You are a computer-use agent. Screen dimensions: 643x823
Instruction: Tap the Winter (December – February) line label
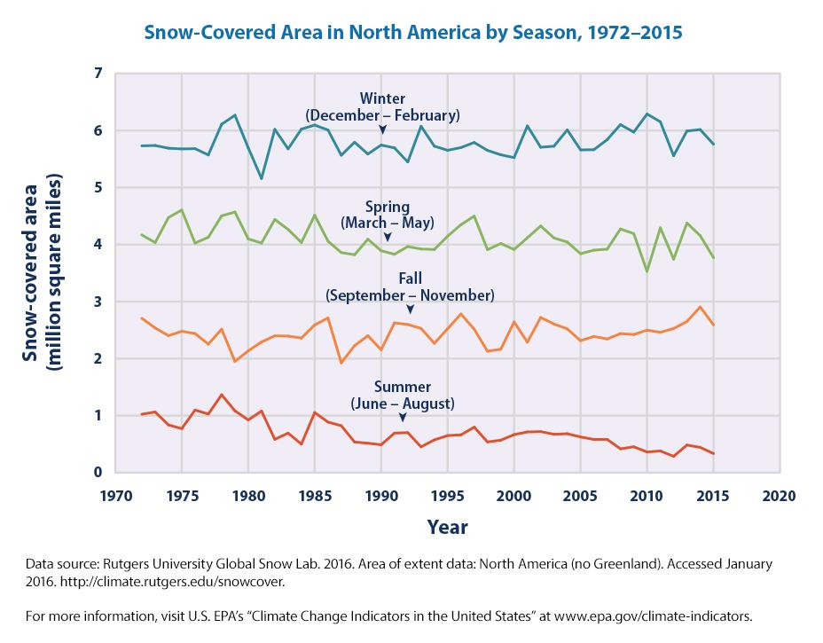(x=382, y=106)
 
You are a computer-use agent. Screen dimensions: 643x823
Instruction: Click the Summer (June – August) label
(x=403, y=396)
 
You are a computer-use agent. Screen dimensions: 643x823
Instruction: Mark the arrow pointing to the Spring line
(x=387, y=237)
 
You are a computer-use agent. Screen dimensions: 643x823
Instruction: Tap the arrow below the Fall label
(x=410, y=310)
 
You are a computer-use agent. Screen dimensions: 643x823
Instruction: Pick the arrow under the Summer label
(x=403, y=417)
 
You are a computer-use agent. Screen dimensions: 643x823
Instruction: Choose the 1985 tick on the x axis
(x=315, y=493)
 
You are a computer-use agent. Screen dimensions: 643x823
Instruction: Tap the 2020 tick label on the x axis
(x=780, y=493)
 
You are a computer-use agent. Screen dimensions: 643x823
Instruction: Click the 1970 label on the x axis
(x=115, y=493)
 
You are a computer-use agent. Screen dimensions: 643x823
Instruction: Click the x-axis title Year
(x=447, y=527)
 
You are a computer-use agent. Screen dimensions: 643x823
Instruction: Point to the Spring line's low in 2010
(x=647, y=271)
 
